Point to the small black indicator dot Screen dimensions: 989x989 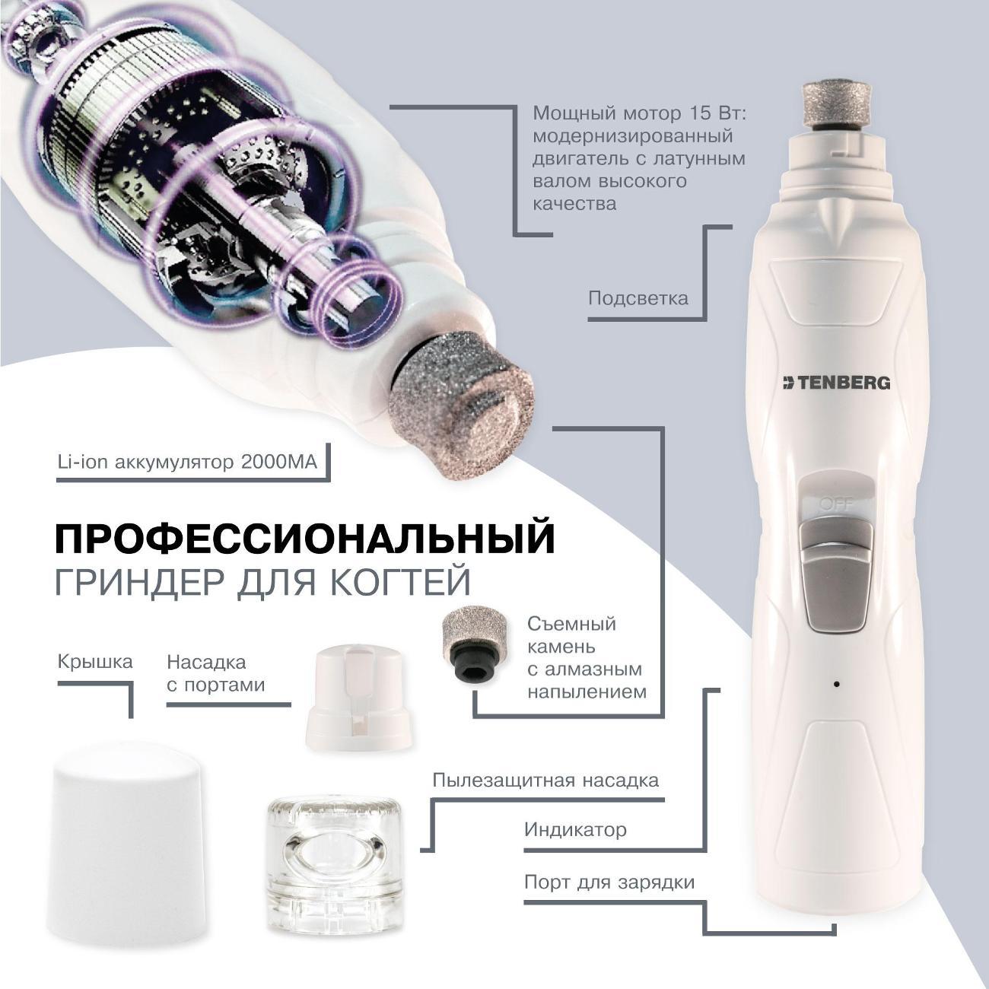(x=836, y=684)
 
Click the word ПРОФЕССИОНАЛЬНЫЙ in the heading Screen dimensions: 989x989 (x=305, y=539)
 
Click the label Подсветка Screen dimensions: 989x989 (x=638, y=297)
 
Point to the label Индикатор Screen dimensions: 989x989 (x=575, y=828)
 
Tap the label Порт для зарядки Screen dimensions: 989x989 (x=609, y=882)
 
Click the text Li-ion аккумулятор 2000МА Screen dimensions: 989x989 (x=186, y=462)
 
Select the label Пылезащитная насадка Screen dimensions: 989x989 (x=545, y=781)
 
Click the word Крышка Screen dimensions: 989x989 (x=95, y=661)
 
